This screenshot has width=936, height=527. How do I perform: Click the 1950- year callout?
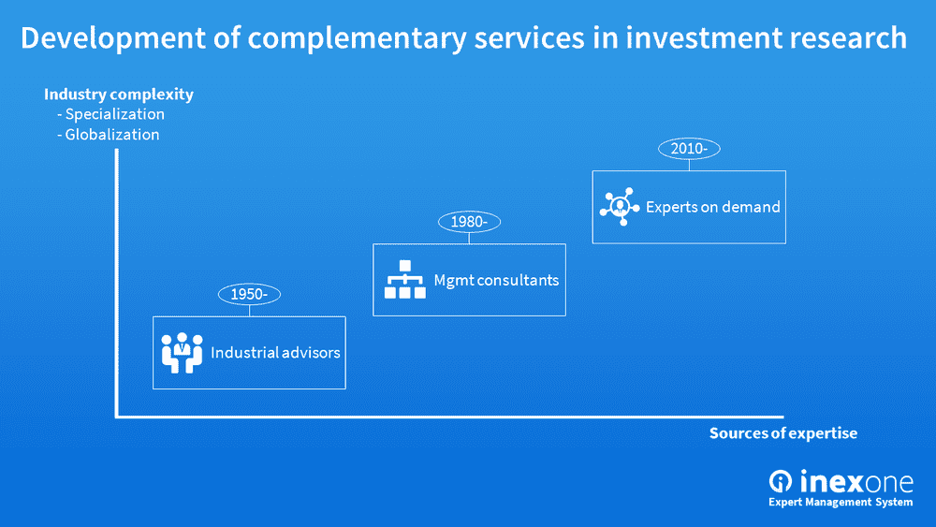click(x=249, y=294)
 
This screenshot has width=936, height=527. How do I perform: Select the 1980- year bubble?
click(x=469, y=222)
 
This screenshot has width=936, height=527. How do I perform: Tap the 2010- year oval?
click(x=689, y=148)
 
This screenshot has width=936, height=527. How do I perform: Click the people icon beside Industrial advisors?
click(x=182, y=353)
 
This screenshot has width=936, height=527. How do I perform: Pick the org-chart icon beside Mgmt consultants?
click(x=404, y=279)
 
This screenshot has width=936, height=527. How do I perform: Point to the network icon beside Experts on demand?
click(x=619, y=206)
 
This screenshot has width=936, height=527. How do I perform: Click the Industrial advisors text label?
click(x=275, y=353)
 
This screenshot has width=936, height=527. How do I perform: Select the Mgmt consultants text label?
click(x=496, y=280)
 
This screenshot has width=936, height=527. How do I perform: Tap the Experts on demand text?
click(x=713, y=207)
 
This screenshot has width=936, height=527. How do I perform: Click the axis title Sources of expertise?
click(x=782, y=433)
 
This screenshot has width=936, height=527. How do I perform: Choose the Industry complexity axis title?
click(x=119, y=94)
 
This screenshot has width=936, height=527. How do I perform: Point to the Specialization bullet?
click(x=111, y=114)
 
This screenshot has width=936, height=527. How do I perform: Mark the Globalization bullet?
click(x=109, y=134)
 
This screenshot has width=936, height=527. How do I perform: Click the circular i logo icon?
click(x=781, y=481)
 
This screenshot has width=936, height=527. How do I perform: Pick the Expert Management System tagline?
click(x=841, y=503)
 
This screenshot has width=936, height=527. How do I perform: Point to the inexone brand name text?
click(x=856, y=481)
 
